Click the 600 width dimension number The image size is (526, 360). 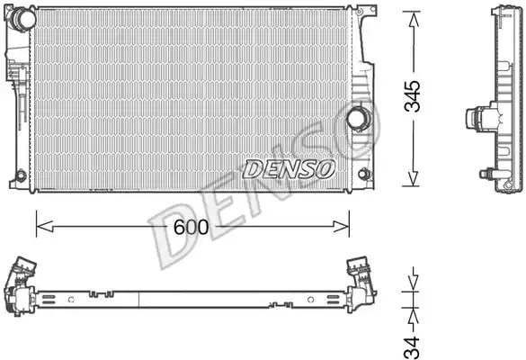coord(192,228)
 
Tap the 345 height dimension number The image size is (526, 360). coord(412,96)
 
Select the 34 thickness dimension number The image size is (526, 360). coord(412,347)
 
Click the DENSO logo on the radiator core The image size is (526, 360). coord(289,169)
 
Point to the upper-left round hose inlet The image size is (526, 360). coord(23,17)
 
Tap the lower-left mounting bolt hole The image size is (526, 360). coord(21,175)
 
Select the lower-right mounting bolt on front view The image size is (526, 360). coord(364,174)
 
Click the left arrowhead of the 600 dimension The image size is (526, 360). coord(45,226)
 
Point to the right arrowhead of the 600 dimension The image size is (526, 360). coord(341,226)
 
